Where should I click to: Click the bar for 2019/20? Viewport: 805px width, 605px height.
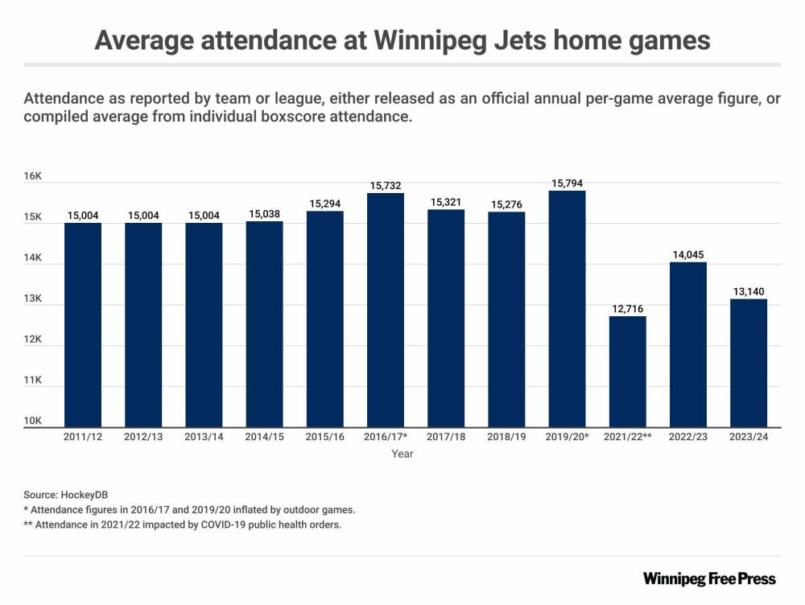(x=567, y=309)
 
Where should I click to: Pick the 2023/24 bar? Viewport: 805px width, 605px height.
(x=748, y=363)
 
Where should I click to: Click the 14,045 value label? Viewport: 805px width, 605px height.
(x=688, y=255)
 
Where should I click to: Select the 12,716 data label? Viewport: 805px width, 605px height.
(x=627, y=309)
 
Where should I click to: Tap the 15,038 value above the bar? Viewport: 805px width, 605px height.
(x=264, y=214)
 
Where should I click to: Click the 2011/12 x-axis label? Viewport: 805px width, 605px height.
(x=82, y=437)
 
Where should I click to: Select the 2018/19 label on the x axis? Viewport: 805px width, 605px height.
(x=506, y=437)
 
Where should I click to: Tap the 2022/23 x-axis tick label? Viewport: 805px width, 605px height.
(x=688, y=437)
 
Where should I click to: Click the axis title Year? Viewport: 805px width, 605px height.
(x=402, y=455)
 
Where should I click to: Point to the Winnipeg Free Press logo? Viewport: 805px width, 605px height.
(x=709, y=578)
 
